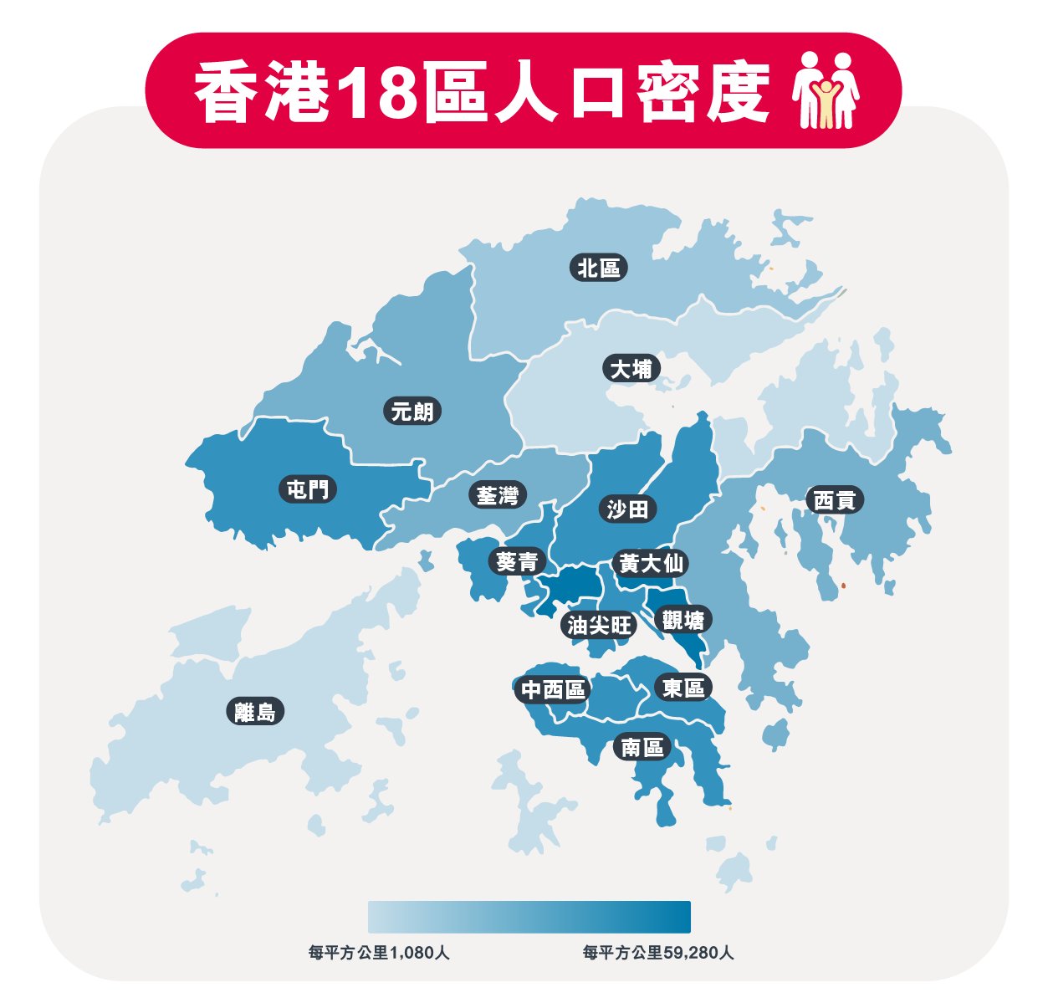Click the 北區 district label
(599, 268)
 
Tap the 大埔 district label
(631, 368)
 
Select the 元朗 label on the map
(412, 412)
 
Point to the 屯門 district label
(307, 489)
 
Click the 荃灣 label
(498, 495)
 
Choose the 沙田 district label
(627, 509)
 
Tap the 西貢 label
(835, 500)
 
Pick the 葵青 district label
(516, 561)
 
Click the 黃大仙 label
(651, 563)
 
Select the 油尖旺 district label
(599, 625)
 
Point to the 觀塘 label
(682, 620)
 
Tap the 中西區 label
(553, 689)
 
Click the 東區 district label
(683, 688)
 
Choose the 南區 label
(642, 747)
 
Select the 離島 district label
(255, 712)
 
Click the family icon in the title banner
(826, 90)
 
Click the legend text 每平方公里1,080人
(379, 953)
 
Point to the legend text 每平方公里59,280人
(658, 953)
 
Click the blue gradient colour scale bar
(529, 917)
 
